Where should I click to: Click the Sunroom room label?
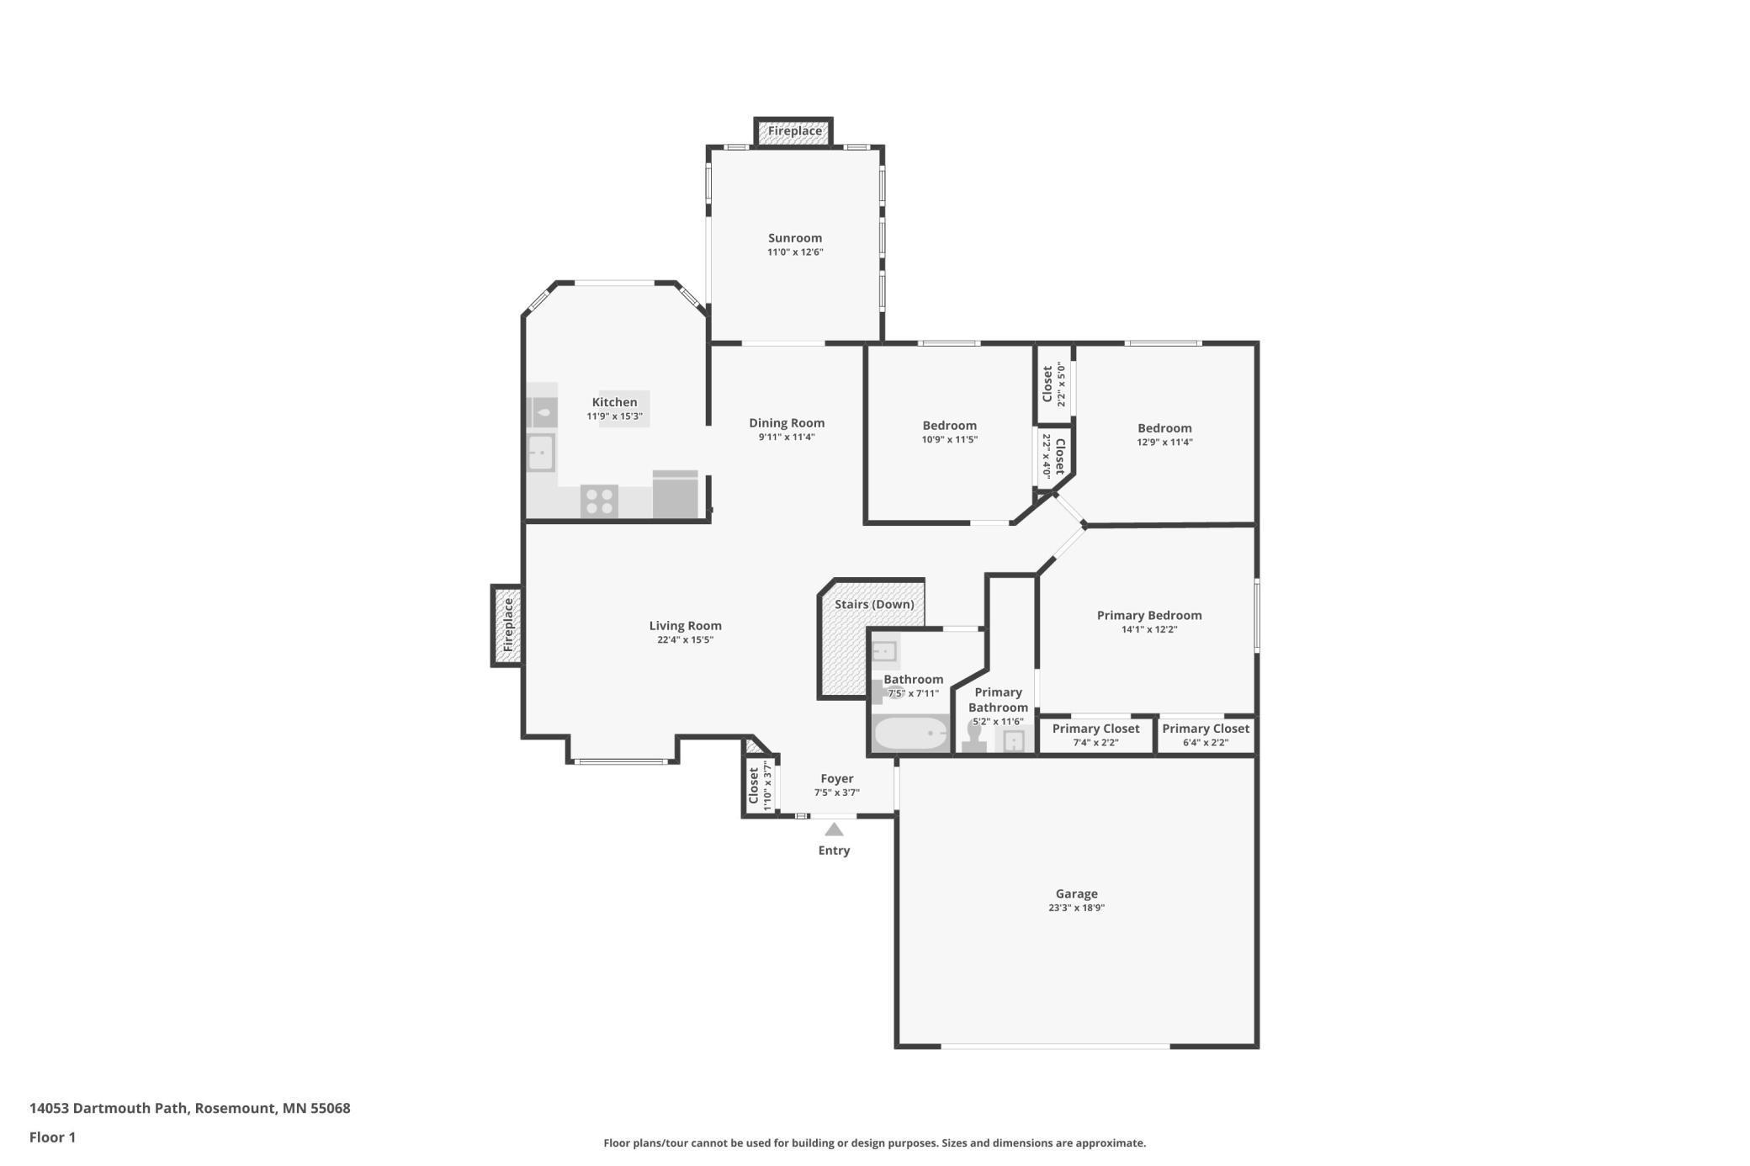795,238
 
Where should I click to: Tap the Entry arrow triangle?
834,829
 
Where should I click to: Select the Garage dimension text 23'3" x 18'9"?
1076,908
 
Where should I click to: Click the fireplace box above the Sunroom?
793,131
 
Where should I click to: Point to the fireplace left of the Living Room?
507,625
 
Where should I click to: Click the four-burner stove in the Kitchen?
599,501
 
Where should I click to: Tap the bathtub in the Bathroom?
911,733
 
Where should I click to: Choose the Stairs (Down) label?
874,604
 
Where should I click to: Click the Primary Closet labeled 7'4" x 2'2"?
1095,734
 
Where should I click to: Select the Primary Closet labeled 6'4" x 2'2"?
1206,734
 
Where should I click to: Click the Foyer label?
837,779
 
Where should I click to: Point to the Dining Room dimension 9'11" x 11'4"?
787,437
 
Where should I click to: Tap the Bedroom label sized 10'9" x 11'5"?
950,426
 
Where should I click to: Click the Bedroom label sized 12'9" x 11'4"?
1164,428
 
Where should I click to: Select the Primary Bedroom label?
1149,615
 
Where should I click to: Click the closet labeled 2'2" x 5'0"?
1053,384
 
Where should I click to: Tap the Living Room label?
685,626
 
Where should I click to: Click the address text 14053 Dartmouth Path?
109,1108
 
